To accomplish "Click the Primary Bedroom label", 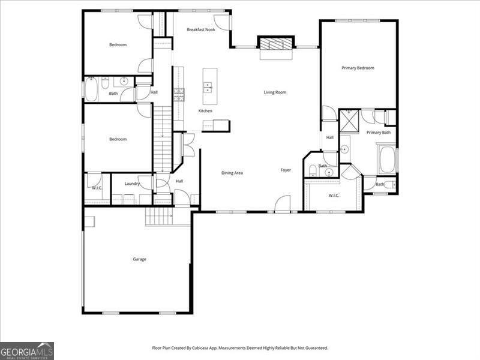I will pyautogui.click(x=358, y=68).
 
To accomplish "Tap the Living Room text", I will pyautogui.click(x=275, y=92).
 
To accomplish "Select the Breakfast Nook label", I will pyautogui.click(x=200, y=29).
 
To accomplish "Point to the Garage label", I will pyautogui.click(x=139, y=259).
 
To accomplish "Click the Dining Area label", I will pyautogui.click(x=232, y=173).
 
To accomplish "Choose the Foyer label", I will pyautogui.click(x=286, y=170).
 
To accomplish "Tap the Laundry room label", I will pyautogui.click(x=132, y=184).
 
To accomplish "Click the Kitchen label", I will pyautogui.click(x=205, y=111).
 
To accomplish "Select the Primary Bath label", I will pyautogui.click(x=378, y=132).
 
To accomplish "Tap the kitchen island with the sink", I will pyautogui.click(x=209, y=87).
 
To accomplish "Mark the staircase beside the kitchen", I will pyautogui.click(x=163, y=138).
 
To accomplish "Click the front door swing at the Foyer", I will pyautogui.click(x=283, y=205).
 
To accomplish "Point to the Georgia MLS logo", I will pyautogui.click(x=27, y=350).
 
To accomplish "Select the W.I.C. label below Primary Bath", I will pyautogui.click(x=334, y=195).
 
